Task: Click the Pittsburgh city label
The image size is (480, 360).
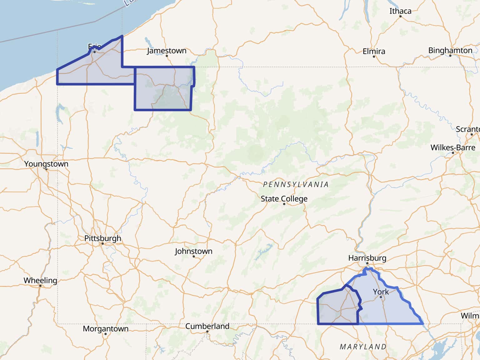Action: [x=102, y=238]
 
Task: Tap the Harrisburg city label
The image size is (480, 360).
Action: [x=367, y=258]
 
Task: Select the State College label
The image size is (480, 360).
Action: [x=284, y=199]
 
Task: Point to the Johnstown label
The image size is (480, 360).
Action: [x=193, y=251]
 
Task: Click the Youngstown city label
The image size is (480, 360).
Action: [x=46, y=164]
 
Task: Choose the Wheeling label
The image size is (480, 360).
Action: [x=40, y=280]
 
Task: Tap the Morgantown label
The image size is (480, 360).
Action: [x=106, y=329]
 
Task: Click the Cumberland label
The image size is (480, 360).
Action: [x=207, y=326]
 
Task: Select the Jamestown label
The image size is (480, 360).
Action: [x=167, y=51]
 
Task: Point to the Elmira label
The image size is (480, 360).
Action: [x=374, y=51]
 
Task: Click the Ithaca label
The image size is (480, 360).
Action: [x=400, y=11]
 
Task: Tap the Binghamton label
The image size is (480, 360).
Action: [x=450, y=50]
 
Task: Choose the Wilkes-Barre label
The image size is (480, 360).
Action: [x=453, y=147]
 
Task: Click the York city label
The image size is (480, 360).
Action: [x=381, y=292]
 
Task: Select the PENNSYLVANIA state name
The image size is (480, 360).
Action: [x=296, y=184]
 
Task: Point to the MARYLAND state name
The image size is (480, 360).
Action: [x=363, y=347]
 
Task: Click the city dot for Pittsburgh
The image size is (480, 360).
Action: [x=102, y=243]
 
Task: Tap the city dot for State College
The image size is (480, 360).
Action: [x=284, y=204]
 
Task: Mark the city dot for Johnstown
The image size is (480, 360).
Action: [x=194, y=257]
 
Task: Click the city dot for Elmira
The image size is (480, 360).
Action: [x=374, y=57]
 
